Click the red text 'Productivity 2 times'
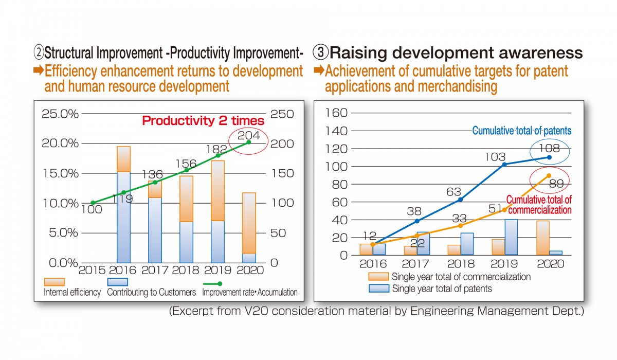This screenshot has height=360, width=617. pos(203,121)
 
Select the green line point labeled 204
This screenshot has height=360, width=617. pos(249,142)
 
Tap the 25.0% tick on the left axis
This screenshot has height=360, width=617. pos(60,114)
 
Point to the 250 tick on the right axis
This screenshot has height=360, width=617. pos(282,114)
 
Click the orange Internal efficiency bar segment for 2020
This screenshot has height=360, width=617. pos(249,223)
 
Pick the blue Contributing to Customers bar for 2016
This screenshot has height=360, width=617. pos(124,217)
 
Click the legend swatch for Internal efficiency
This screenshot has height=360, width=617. pos(55,282)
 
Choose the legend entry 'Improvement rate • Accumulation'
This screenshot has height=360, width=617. pos(250,292)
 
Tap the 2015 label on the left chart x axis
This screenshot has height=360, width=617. pos(92,270)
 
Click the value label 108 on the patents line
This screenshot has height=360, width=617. pos(549,149)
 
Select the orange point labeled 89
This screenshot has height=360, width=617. pos(549,176)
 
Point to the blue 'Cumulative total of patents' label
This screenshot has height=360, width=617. pos(522,131)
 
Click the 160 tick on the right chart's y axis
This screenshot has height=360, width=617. pos(336,113)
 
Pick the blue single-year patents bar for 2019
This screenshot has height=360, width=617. pos(511,237)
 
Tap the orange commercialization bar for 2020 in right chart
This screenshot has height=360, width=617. pos(543,238)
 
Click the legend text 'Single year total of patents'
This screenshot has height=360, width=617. pos(442,289)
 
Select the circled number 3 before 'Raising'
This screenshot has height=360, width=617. pos(321,52)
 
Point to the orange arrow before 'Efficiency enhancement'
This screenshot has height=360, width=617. pos(39,70)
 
